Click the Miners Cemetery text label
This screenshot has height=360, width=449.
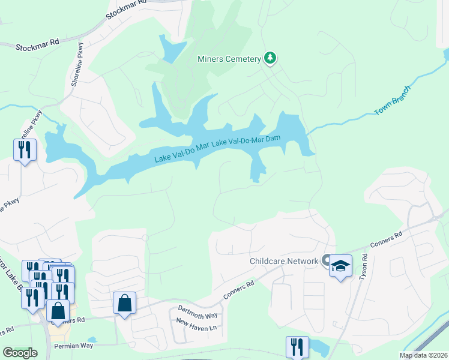click(229, 59)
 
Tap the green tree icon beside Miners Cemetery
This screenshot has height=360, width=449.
click(271, 58)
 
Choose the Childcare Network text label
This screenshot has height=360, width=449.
click(283, 261)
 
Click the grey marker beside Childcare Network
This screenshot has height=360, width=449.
click(325, 260)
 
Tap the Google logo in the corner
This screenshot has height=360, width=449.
click(19, 353)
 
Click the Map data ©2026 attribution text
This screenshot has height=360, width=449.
click(423, 355)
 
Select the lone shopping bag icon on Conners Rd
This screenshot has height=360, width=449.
click(124, 303)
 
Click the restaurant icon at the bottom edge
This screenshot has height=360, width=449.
click(297, 347)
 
